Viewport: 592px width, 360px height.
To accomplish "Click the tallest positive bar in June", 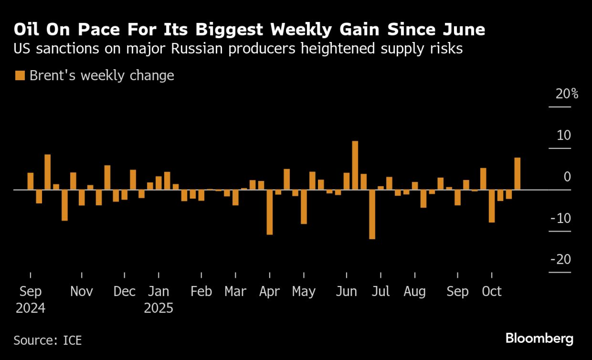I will [355, 165].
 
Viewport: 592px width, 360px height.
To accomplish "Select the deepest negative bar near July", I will [372, 214].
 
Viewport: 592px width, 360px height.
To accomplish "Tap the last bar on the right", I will [517, 174].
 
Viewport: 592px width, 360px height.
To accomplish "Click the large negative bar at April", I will [269, 212].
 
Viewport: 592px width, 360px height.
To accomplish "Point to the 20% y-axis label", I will [567, 94].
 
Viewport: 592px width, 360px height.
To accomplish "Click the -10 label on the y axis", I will [560, 218].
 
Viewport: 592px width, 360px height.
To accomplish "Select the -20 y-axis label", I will [560, 260].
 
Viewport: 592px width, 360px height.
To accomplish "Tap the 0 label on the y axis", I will [567, 177].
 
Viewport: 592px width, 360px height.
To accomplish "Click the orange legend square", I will [20, 75].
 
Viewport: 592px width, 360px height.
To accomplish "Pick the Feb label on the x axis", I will [201, 292].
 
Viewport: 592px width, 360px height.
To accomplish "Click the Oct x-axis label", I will [492, 292].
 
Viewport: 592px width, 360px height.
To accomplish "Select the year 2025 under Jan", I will [158, 308].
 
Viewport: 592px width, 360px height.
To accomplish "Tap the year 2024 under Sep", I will [30, 308].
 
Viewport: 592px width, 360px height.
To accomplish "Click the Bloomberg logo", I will [539, 338].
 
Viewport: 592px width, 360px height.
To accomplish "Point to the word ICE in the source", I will [72, 340].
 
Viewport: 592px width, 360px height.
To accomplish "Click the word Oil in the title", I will [26, 30].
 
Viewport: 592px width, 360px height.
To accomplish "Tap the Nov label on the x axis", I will [81, 292].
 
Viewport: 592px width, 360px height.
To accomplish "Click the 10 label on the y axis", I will [564, 135].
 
